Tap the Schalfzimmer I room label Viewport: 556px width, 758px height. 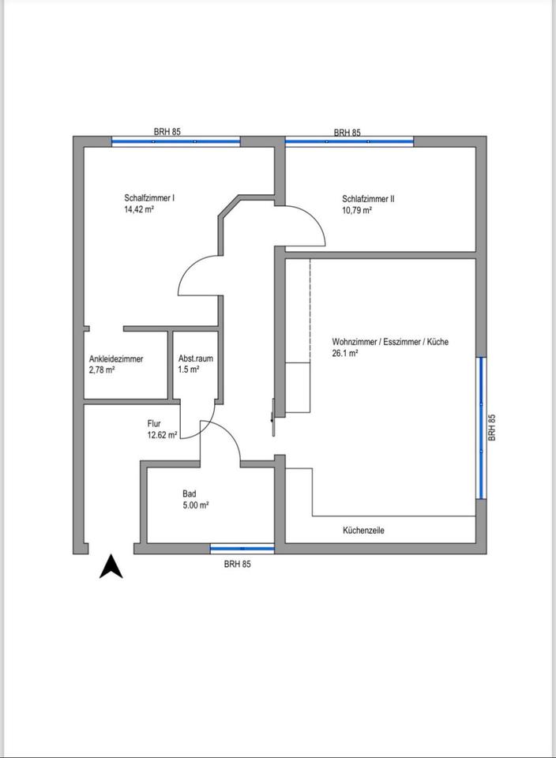(x=149, y=198)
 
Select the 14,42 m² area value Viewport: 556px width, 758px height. (x=138, y=210)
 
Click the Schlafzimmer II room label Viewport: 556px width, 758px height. (x=368, y=199)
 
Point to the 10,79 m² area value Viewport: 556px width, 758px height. (x=357, y=211)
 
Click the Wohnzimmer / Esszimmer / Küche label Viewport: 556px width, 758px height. (x=390, y=342)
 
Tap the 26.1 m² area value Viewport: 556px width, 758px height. (x=345, y=354)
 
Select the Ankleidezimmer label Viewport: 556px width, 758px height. (x=116, y=358)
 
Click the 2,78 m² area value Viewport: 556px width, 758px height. (x=103, y=370)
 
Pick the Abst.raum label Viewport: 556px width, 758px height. (x=195, y=358)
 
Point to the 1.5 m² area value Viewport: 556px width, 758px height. (x=189, y=370)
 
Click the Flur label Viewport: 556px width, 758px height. (x=154, y=423)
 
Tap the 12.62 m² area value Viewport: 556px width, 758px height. (x=161, y=434)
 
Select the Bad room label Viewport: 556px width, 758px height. (x=189, y=493)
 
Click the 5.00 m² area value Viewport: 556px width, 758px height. (x=195, y=505)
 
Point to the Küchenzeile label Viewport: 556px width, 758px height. (x=363, y=531)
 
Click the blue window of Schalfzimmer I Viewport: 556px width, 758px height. (x=175, y=141)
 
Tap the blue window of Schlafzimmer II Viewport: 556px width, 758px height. (x=349, y=141)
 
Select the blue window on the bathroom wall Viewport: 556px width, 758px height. (x=242, y=548)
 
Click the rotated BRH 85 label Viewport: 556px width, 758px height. (x=492, y=427)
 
